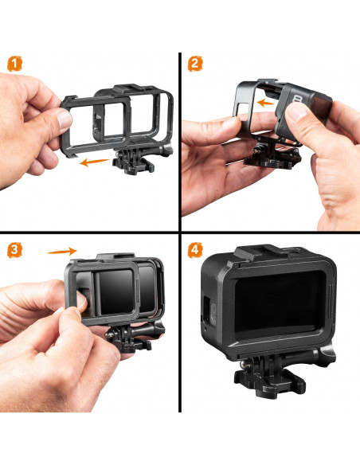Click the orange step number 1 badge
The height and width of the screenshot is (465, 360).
coord(14,64)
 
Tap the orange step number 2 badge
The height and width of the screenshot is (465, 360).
coord(195,64)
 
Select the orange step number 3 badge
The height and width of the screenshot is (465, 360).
coord(14,250)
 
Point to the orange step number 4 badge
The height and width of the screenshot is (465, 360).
coord(195,250)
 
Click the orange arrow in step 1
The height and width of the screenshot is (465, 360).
coord(94,162)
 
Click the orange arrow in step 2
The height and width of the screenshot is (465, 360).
coord(265,103)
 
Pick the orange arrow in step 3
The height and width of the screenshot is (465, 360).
coord(62,251)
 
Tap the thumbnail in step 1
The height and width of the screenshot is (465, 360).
coord(64,119)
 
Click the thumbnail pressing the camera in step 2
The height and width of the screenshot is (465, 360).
coord(296,111)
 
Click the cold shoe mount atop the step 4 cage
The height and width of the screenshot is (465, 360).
coord(261,252)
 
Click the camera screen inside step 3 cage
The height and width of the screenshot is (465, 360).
coord(115,291)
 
